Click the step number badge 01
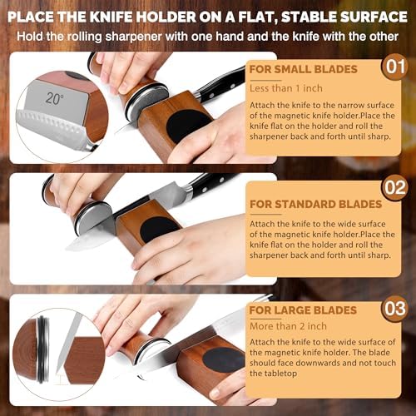pyautogui.click(x=394, y=67)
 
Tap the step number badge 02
pyautogui.click(x=394, y=188)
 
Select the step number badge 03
pyautogui.click(x=394, y=309)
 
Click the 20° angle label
pyautogui.click(x=55, y=98)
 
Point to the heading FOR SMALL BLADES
pyautogui.click(x=303, y=69)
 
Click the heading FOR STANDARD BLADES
pyautogui.click(x=316, y=205)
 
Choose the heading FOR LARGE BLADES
pyautogui.click(x=303, y=310)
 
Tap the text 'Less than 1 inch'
pyautogui.click(x=286, y=88)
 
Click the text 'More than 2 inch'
pyautogui.click(x=288, y=326)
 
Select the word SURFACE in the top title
pyautogui.click(x=374, y=17)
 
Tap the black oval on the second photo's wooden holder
pyautogui.click(x=159, y=228)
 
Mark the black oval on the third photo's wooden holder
pyautogui.click(x=224, y=359)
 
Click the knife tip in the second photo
pyautogui.click(x=67, y=248)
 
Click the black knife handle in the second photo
pyautogui.click(x=214, y=185)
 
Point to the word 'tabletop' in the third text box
pyautogui.click(x=273, y=374)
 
